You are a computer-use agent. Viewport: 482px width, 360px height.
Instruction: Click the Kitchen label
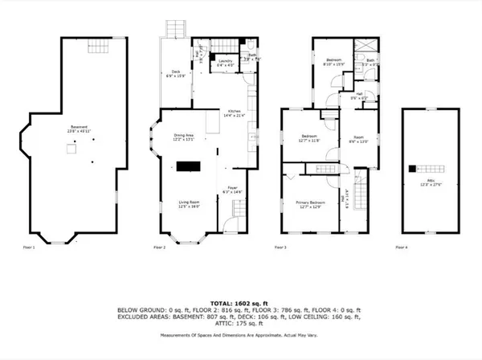pyautogui.click(x=234, y=113)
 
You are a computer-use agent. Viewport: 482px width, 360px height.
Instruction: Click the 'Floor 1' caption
pyautogui.click(x=29, y=247)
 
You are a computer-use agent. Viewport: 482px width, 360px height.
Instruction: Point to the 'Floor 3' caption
pyautogui.click(x=281, y=247)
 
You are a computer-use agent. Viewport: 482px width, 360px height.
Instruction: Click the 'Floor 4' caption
pyautogui.click(x=401, y=247)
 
